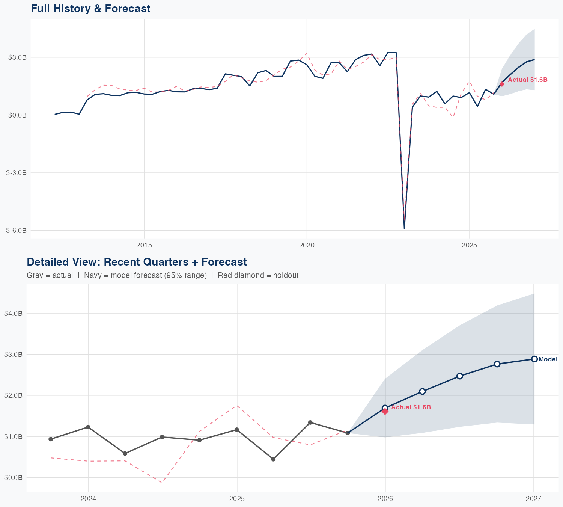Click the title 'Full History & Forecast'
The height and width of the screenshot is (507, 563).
pyautogui.click(x=90, y=9)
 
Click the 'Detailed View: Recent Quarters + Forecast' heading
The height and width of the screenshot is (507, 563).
pyautogui.click(x=137, y=262)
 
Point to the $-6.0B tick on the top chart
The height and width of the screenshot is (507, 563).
pyautogui.click(x=17, y=231)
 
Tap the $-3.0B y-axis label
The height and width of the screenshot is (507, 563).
pyautogui.click(x=17, y=173)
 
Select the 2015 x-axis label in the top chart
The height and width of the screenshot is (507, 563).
pyautogui.click(x=144, y=245)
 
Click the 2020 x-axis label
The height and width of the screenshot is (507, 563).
pyautogui.click(x=307, y=245)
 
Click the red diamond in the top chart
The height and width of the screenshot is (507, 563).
pyautogui.click(x=502, y=84)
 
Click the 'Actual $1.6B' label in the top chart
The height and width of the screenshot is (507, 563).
pyautogui.click(x=527, y=80)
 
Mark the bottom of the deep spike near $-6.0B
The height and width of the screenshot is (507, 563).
pyautogui.click(x=404, y=228)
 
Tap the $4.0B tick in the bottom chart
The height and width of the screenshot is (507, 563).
pyautogui.click(x=13, y=313)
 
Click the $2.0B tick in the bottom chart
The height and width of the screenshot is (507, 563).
pyautogui.click(x=13, y=395)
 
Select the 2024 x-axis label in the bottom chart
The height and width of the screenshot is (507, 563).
pyautogui.click(x=89, y=499)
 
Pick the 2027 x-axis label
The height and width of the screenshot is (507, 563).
pyautogui.click(x=534, y=499)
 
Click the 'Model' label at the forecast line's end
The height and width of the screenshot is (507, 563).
pyautogui.click(x=548, y=359)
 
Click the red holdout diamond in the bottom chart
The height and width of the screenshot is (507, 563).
pyautogui.click(x=385, y=412)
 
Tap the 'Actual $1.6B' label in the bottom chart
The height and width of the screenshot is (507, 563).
pyautogui.click(x=411, y=407)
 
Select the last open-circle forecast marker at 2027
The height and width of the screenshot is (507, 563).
pyautogui.click(x=534, y=359)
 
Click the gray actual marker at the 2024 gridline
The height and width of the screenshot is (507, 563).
pyautogui.click(x=88, y=427)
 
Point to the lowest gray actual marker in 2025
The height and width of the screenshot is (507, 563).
pyautogui.click(x=273, y=459)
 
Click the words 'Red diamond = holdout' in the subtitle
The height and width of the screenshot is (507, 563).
pyautogui.click(x=258, y=275)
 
